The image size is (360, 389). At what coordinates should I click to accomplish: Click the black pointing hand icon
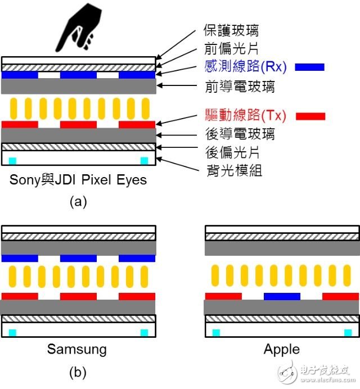click(x=79, y=28)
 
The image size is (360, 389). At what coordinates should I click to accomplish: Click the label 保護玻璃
click(x=231, y=30)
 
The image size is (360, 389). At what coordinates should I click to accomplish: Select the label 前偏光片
click(x=231, y=48)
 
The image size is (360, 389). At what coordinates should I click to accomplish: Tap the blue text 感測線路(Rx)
click(x=246, y=66)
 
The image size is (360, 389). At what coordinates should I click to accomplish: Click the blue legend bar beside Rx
click(x=309, y=67)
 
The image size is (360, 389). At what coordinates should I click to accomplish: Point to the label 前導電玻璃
click(x=240, y=87)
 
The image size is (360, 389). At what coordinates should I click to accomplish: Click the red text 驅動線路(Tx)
click(x=246, y=115)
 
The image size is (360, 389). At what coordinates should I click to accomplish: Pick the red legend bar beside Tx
click(x=310, y=116)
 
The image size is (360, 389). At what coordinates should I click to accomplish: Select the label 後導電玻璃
click(x=240, y=134)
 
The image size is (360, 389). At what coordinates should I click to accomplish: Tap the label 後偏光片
click(x=232, y=152)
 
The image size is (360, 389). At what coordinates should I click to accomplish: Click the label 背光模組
click(x=234, y=170)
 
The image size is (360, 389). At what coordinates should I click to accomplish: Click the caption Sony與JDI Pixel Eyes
click(x=78, y=180)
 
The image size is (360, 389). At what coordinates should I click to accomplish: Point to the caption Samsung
click(x=77, y=349)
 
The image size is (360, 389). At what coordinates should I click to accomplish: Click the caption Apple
click(x=282, y=349)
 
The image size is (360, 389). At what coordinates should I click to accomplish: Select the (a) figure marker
click(x=78, y=202)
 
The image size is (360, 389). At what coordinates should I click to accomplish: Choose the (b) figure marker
click(x=78, y=372)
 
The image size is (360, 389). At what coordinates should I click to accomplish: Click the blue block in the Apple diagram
click(x=282, y=296)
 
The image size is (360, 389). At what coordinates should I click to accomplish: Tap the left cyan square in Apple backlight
click(x=216, y=333)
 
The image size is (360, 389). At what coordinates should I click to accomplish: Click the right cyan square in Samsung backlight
click(x=144, y=333)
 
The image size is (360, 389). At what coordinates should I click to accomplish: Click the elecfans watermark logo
click(x=316, y=373)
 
